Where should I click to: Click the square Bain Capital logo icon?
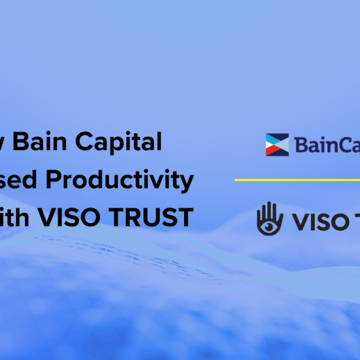(x=277, y=145)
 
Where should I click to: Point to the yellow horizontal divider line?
(x=297, y=179)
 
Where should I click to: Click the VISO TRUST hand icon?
(x=268, y=218)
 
